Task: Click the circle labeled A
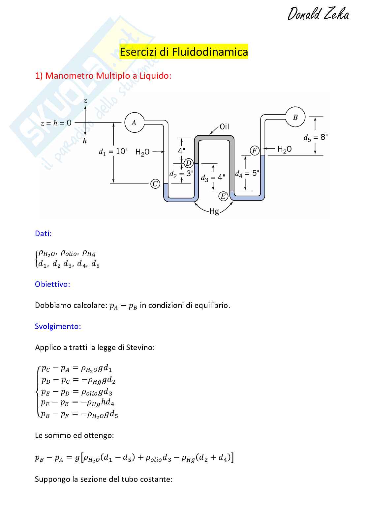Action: (134, 123)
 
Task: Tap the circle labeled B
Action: (295, 117)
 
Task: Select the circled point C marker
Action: (155, 184)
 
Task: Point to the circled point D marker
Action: (189, 163)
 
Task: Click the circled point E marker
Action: (223, 196)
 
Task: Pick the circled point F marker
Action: (255, 151)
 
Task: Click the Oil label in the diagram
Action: (224, 127)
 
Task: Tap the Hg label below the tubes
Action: (214, 211)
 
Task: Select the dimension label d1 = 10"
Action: (113, 151)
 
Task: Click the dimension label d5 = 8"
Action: (315, 138)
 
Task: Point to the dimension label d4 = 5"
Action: (247, 174)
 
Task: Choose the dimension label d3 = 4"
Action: (213, 178)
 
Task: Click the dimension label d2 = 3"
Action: (181, 174)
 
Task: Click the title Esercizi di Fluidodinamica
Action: (184, 52)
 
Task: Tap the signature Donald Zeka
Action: (318, 14)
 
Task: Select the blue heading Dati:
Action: (43, 233)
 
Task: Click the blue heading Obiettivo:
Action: (52, 284)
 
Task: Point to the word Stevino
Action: (140, 347)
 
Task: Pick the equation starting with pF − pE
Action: (77, 402)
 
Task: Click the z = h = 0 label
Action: (56, 123)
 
